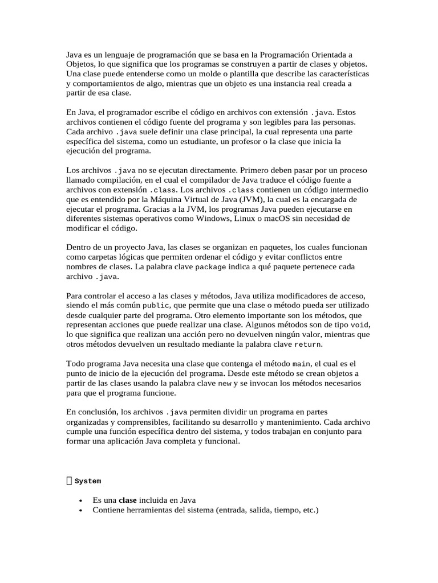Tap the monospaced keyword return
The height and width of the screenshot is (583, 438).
pyautogui.click(x=307, y=344)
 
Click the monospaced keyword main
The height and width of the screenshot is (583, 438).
pyautogui.click(x=301, y=364)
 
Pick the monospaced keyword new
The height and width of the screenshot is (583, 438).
pyautogui.click(x=225, y=383)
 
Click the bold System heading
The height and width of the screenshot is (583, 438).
pyautogui.click(x=88, y=481)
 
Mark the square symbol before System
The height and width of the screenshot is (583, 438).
pyautogui.click(x=69, y=481)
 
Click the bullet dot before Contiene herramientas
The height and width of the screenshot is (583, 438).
pyautogui.click(x=80, y=511)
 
